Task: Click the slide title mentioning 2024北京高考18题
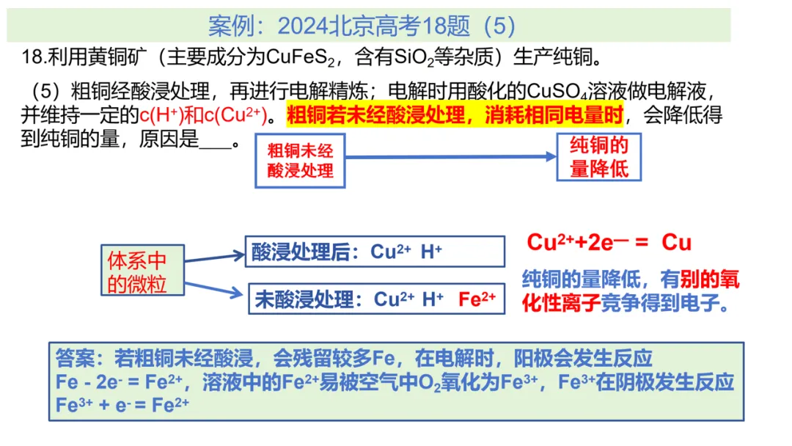click(362, 26)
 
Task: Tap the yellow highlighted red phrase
click(455, 115)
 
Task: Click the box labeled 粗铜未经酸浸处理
click(300, 161)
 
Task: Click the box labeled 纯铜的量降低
click(599, 157)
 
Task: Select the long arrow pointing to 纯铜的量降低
click(451, 156)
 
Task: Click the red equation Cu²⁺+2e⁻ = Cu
click(609, 243)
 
